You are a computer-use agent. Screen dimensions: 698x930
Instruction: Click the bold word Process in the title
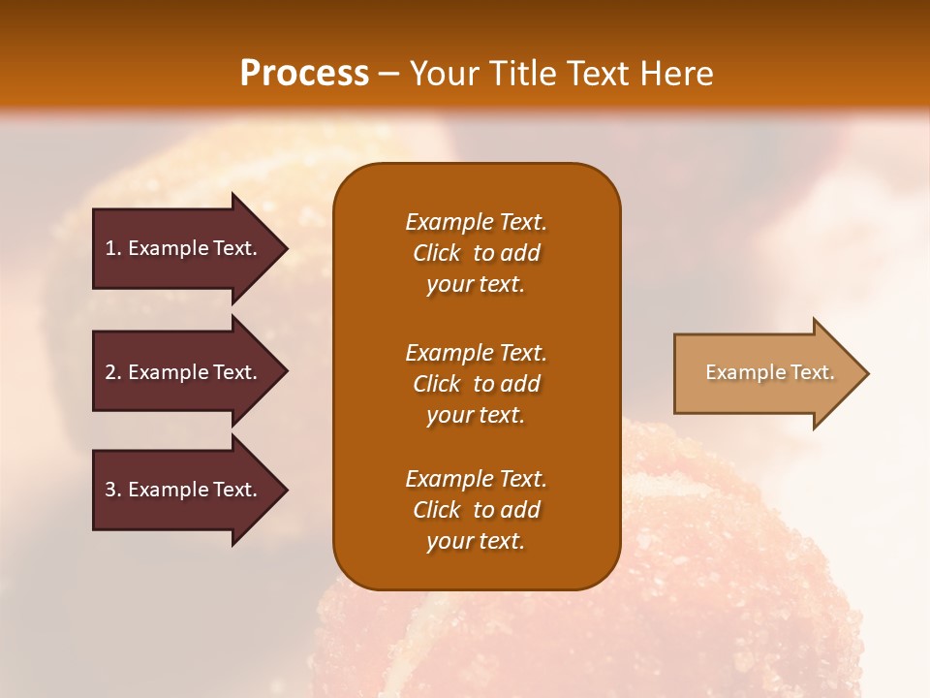click(x=304, y=74)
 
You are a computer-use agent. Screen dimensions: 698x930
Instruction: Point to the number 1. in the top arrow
click(x=113, y=248)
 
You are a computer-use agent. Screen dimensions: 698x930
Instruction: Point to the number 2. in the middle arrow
click(x=113, y=372)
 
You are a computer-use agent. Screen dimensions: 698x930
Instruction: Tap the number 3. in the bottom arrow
click(x=113, y=490)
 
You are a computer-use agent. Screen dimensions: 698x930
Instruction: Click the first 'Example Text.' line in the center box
click(x=476, y=222)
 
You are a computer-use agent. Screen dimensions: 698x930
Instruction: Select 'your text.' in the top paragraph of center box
click(x=476, y=284)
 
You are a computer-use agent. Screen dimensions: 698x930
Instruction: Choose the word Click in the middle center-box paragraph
click(x=437, y=384)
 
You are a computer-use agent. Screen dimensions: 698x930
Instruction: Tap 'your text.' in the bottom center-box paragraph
click(x=476, y=541)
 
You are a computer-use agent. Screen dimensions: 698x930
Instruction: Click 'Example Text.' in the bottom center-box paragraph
click(x=476, y=479)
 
